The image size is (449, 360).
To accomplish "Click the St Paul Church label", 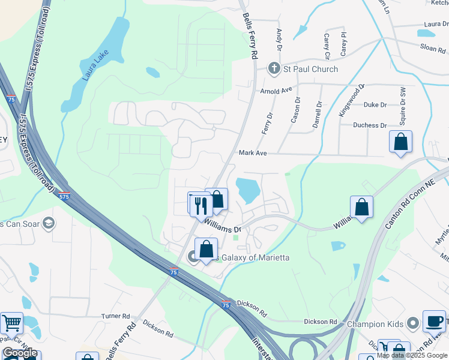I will [310, 69].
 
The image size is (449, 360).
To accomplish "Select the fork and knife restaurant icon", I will [200, 205].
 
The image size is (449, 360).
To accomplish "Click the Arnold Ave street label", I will [276, 91].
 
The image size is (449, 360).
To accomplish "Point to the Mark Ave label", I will [253, 153].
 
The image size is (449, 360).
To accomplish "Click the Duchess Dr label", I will [370, 125].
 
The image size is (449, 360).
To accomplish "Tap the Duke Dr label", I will [375, 104].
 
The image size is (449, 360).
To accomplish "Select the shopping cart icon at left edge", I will [11, 323].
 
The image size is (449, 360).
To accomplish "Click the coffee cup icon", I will [434, 321].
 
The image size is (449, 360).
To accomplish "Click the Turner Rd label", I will [115, 316].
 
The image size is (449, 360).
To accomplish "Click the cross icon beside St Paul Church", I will [274, 68].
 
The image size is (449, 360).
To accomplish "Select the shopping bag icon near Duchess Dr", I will [400, 142].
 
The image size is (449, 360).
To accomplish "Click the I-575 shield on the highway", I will [64, 196].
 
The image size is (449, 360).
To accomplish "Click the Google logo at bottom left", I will [20, 353].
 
